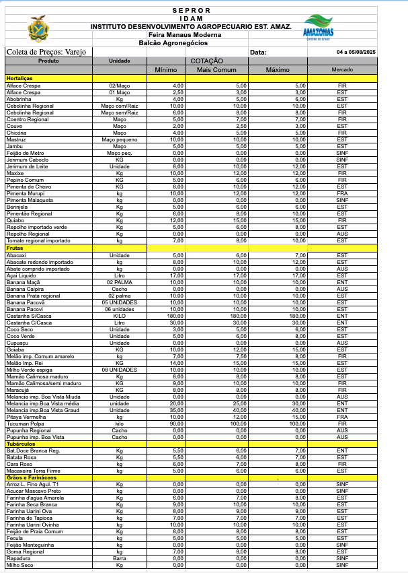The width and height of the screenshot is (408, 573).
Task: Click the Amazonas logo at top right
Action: point(318,28)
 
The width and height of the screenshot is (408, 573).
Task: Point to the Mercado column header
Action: point(341,69)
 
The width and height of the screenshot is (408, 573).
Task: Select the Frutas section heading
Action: point(15,248)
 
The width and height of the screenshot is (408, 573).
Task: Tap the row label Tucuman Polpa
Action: point(24,423)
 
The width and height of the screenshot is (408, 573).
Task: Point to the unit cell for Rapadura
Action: point(120,558)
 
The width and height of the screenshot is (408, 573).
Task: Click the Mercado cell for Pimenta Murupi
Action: point(341,193)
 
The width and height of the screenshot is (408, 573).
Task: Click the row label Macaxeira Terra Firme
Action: point(34,471)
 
